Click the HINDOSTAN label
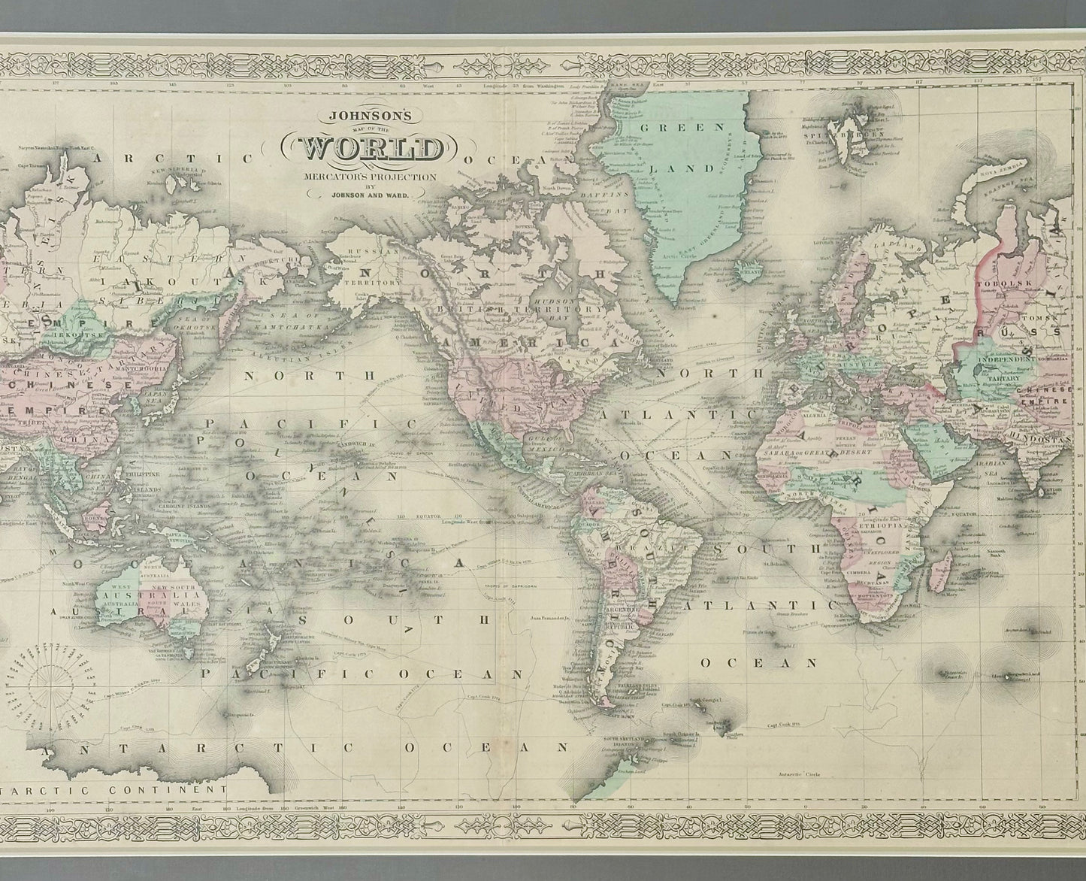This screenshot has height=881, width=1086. click(x=1048, y=436)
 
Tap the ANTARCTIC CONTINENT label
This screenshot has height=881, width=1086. click(x=113, y=790)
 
